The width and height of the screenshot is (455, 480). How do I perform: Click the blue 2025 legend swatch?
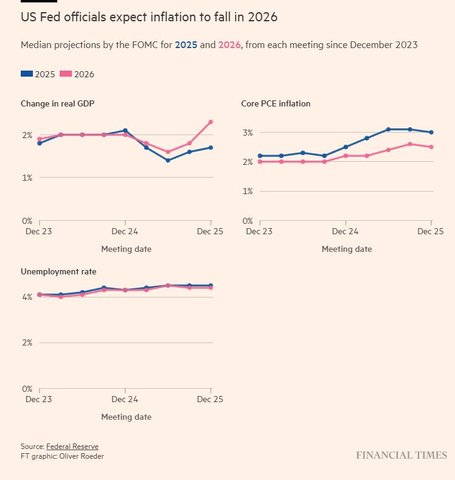pos(27,74)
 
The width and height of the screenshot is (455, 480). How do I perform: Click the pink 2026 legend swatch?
pos(66,74)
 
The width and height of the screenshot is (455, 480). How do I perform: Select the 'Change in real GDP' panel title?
pos(57,103)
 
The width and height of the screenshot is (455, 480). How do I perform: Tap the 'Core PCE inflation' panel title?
pos(276,103)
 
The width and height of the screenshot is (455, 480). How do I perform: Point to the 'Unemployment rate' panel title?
pos(58,271)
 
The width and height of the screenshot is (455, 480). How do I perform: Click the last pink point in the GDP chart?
pos(211,122)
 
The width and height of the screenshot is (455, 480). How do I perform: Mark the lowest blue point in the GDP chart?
pos(168,160)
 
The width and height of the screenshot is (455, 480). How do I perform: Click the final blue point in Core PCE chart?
pos(431,132)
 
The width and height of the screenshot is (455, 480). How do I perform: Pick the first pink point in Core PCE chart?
pos(260,162)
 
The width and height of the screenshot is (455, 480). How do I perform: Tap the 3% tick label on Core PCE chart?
pos(247,133)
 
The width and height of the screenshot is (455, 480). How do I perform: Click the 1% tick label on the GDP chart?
pos(27,178)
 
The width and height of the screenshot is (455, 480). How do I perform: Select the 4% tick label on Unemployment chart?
pos(27,297)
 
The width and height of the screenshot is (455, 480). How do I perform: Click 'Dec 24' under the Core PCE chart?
pos(345,231)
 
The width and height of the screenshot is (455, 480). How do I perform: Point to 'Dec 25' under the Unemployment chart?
pos(210,399)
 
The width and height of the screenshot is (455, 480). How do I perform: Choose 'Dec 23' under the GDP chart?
pos(39,231)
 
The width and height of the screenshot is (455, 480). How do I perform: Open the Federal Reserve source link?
pos(72,447)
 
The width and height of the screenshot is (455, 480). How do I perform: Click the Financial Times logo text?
pos(401,455)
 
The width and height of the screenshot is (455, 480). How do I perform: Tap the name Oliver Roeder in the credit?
pos(82,456)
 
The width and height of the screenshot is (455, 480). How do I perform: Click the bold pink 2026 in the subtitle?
pos(230,45)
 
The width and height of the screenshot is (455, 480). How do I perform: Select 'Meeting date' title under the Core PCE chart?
pos(347,249)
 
